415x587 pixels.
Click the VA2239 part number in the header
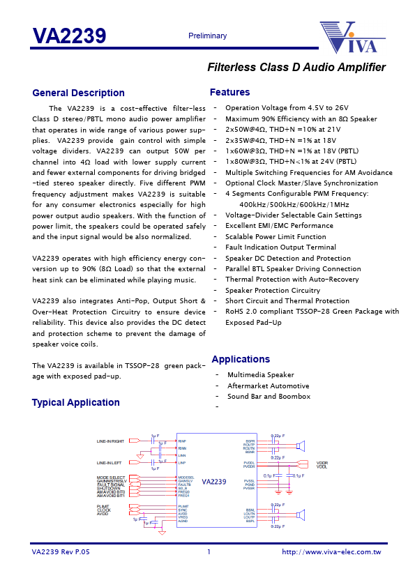pos(69,36)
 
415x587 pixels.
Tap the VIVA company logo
pos(349,38)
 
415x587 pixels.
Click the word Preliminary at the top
pos(207,36)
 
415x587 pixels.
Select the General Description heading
pos(78,93)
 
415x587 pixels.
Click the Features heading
pos(229,92)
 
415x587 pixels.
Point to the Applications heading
pos(241,359)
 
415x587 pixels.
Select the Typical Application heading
pos(75,402)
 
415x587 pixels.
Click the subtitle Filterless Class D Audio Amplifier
pos(296,68)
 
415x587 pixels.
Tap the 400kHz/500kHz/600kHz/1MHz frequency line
pos(294,204)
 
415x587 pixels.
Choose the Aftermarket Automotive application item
pos(268,386)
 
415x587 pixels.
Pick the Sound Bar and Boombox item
pos(269,396)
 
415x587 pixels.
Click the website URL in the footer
pos(331,551)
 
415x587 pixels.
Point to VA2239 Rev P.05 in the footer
pos(61,551)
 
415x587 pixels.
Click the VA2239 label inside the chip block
pos(214,482)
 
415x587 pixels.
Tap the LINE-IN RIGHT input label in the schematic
pos(110,441)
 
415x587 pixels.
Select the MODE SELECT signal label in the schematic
pos(111,477)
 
